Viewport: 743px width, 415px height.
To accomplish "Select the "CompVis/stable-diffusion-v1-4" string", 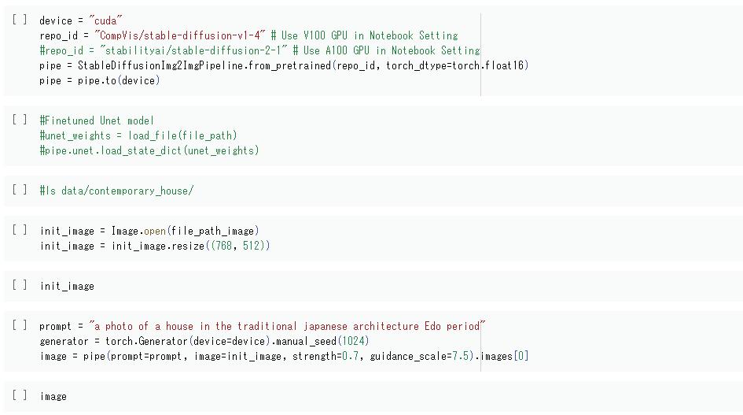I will [180, 35].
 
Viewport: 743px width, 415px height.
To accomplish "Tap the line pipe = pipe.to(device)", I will [99, 80].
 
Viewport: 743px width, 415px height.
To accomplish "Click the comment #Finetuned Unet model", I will [97, 120].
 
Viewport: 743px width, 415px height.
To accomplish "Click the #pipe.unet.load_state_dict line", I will [149, 150].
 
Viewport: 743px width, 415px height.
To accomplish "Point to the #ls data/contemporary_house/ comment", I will [116, 191].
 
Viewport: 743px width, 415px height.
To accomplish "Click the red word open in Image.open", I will [155, 231].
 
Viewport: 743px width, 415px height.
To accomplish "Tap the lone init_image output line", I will [67, 286].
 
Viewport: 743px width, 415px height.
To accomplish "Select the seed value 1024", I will [352, 341].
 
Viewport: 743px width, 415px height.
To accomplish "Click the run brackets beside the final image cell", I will [20, 395].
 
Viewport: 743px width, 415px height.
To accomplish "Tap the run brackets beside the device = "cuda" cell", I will [20, 20].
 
